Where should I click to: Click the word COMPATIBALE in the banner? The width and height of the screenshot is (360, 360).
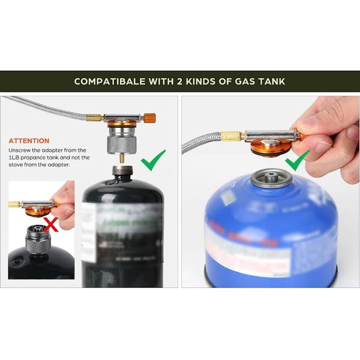tap(110, 81)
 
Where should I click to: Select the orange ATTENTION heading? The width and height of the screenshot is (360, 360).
tap(29, 140)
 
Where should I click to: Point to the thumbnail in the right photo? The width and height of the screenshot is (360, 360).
tap(308, 122)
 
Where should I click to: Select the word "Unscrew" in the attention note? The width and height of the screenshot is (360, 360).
tap(21, 150)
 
